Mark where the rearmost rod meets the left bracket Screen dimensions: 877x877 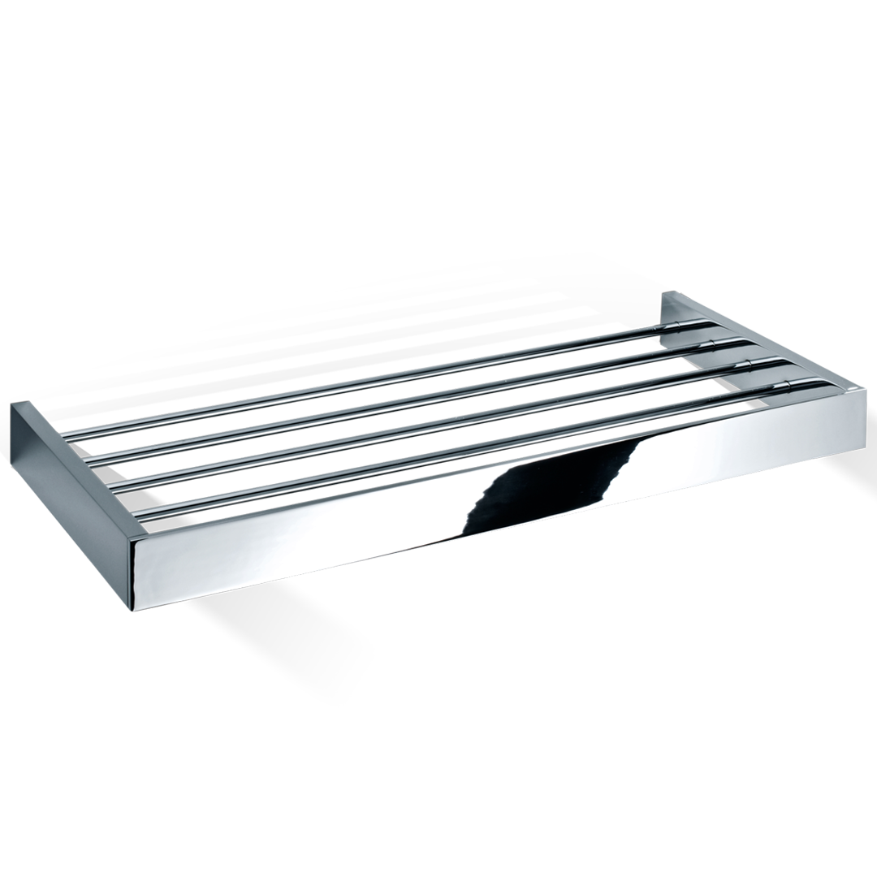pyautogui.click(x=70, y=439)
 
